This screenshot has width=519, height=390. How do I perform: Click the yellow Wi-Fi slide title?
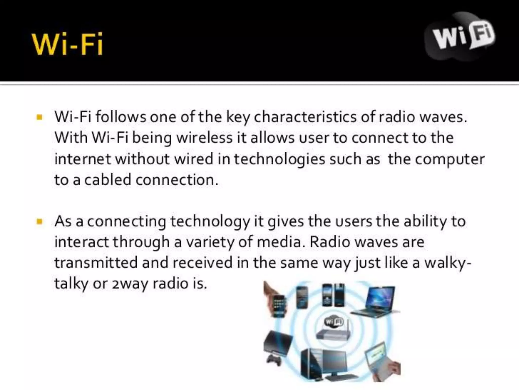[x=67, y=44]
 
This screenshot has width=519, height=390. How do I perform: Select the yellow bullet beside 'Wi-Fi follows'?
[x=40, y=117]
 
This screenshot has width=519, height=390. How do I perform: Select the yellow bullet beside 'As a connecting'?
[x=40, y=221]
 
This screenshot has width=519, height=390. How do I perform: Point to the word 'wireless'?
[x=204, y=138]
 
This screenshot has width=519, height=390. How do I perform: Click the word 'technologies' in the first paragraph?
[x=279, y=159]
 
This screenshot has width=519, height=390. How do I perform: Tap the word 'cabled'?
[x=108, y=180]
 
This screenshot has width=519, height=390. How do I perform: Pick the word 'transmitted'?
[x=96, y=263]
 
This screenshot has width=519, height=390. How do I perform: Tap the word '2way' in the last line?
[x=130, y=284]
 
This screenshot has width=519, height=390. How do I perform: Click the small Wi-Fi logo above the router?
[x=334, y=322]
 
